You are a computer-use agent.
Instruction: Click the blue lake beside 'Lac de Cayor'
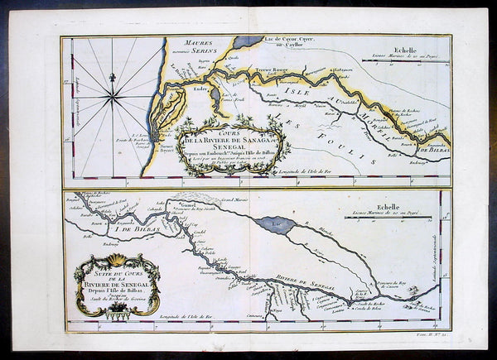point(248,41)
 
